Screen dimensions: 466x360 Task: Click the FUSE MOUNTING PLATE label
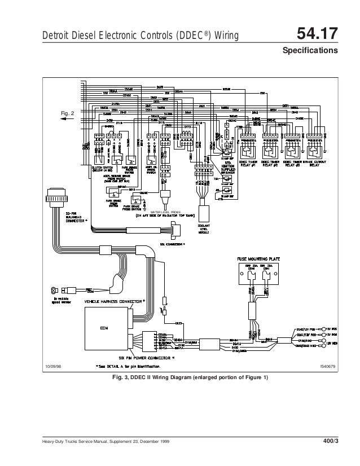260,259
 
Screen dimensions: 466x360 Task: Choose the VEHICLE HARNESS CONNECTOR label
115,302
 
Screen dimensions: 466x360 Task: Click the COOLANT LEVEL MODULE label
204,227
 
